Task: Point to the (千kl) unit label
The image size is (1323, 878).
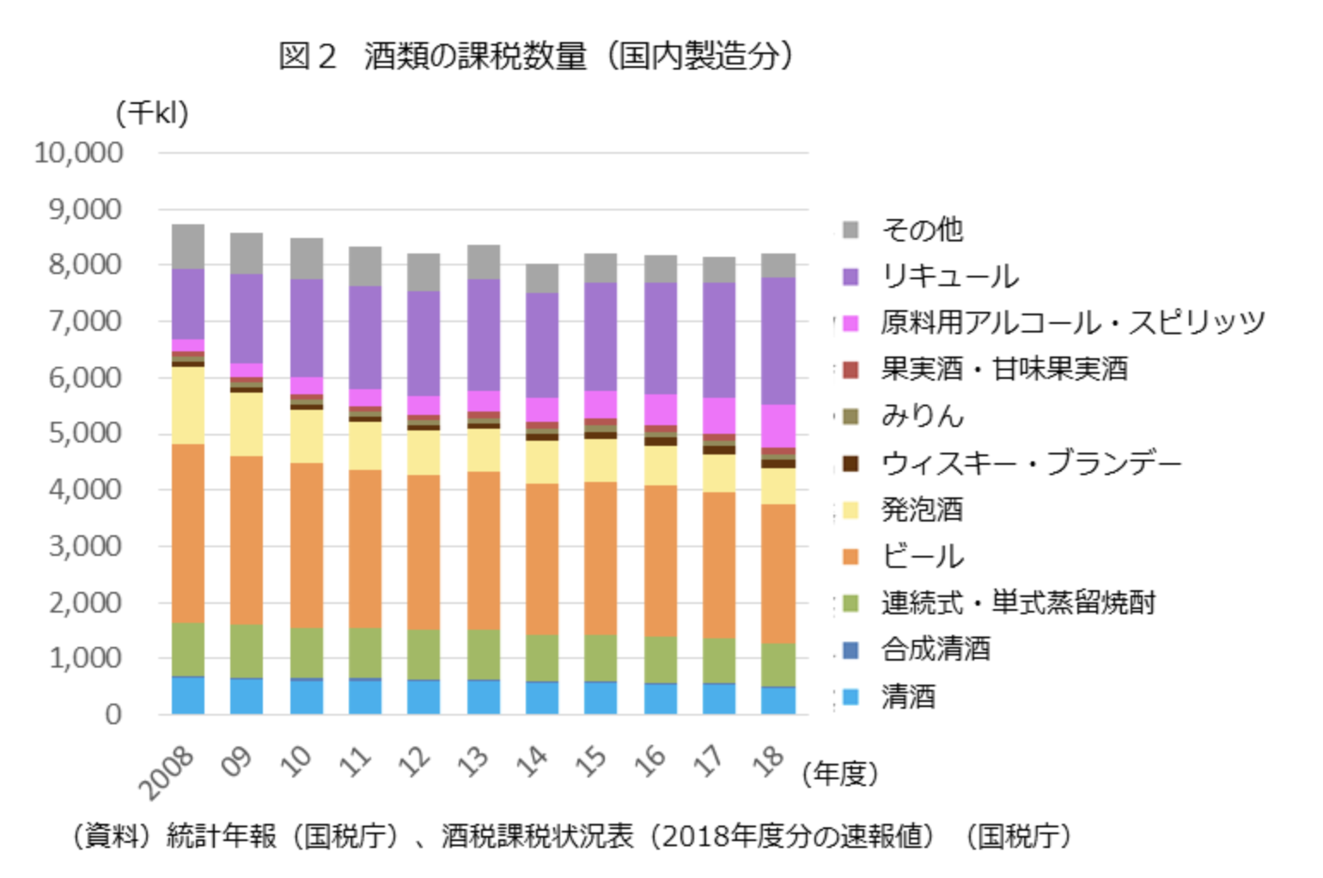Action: pos(152,113)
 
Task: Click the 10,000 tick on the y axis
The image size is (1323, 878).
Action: pos(79,153)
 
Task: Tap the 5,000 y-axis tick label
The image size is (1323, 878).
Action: pos(84,433)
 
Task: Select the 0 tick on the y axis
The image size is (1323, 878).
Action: pos(113,715)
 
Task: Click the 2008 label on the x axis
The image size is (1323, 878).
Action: pos(168,771)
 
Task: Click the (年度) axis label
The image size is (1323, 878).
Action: pos(839,774)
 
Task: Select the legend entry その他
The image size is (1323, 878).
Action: pos(922,229)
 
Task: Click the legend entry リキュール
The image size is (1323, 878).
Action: pos(949,276)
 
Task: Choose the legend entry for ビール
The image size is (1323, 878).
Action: pos(922,556)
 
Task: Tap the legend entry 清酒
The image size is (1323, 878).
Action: pos(908,696)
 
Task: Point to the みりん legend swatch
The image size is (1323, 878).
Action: pos(850,417)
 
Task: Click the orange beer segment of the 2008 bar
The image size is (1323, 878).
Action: pos(188,533)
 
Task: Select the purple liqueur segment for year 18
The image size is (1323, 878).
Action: pos(777,340)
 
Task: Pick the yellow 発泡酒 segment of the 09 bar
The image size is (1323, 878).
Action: pos(247,424)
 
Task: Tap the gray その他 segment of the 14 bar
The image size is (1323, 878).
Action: pos(542,278)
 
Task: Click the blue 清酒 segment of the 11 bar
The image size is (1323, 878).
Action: pos(365,698)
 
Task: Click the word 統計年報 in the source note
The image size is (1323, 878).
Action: pos(222,836)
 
